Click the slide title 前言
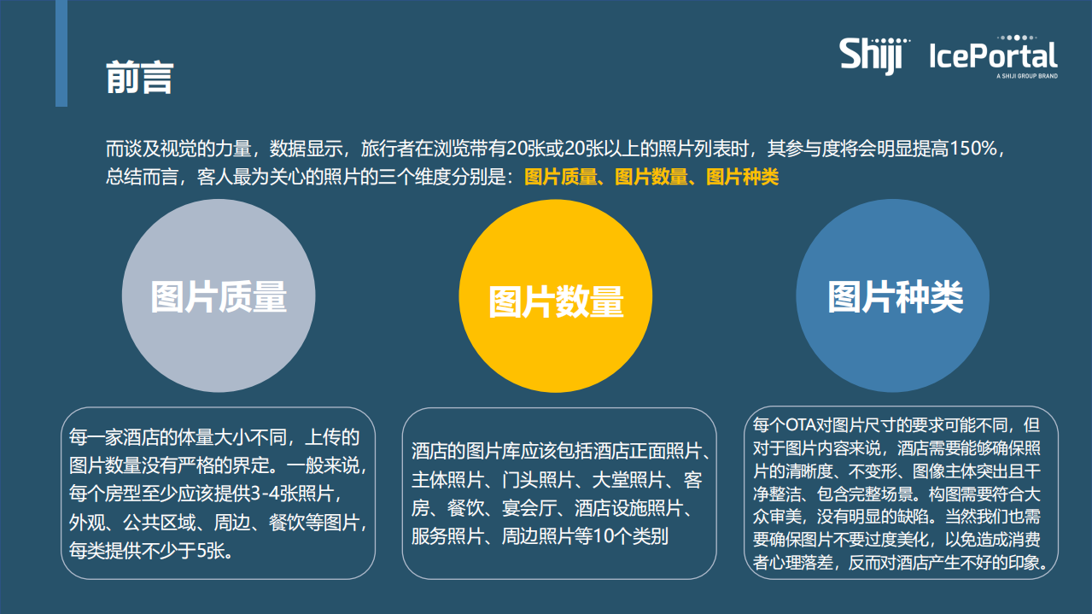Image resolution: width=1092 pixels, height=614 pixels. (x=139, y=78)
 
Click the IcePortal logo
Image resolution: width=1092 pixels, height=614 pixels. (x=993, y=56)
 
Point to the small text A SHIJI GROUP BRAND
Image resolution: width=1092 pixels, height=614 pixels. (x=1026, y=77)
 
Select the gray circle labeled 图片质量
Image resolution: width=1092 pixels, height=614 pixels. (x=219, y=296)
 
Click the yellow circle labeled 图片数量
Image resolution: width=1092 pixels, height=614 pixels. (x=556, y=299)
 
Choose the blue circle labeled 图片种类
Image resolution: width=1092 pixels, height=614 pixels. (x=893, y=296)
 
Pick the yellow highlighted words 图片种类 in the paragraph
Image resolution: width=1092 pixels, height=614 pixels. (x=742, y=178)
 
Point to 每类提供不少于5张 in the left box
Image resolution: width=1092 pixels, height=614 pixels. (x=146, y=550)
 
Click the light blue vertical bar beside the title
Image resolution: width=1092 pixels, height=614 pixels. (x=61, y=53)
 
